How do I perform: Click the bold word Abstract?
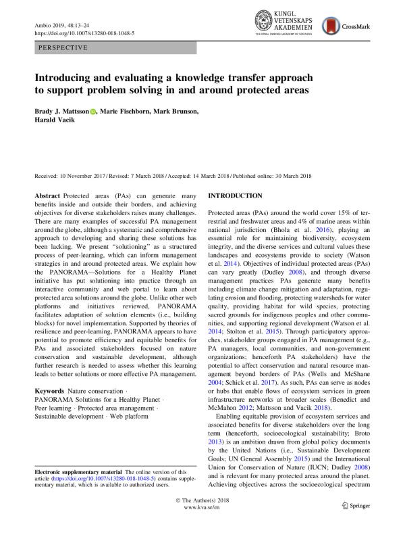(49, 195)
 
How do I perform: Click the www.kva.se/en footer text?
(203, 525)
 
